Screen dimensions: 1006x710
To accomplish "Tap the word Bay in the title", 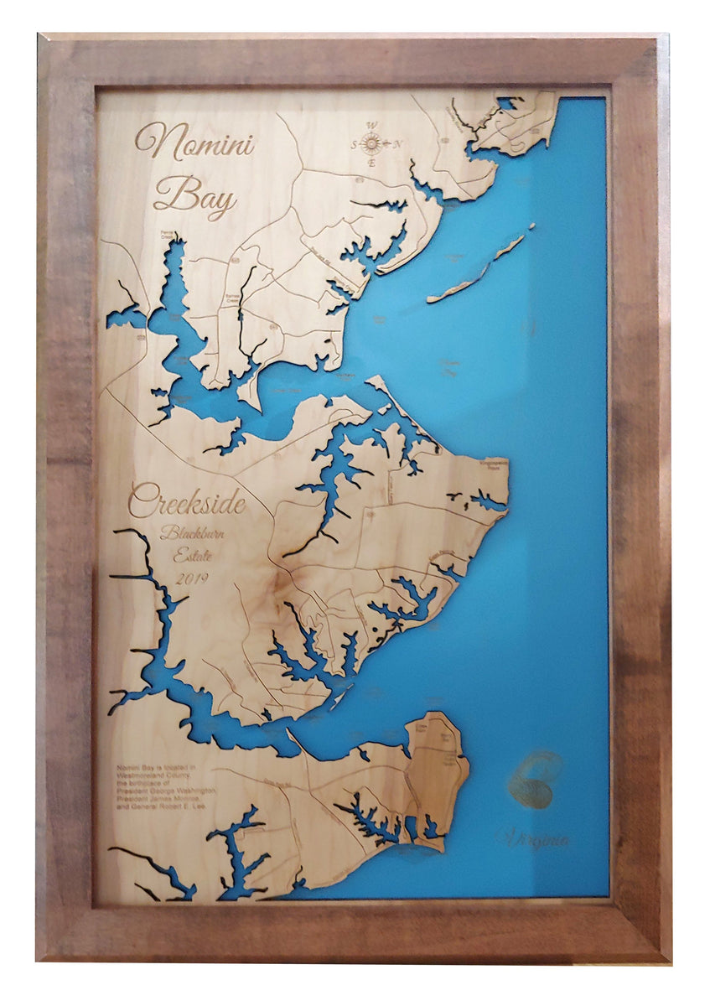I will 194,199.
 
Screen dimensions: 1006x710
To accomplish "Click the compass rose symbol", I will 372,144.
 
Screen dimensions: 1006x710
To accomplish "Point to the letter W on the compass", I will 371,127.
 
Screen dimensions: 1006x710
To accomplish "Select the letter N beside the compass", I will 398,145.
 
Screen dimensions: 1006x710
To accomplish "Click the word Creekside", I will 187,504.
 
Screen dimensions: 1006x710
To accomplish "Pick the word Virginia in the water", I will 534,838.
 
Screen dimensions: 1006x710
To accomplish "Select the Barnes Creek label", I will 232,298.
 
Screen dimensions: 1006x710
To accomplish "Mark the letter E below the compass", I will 372,163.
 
